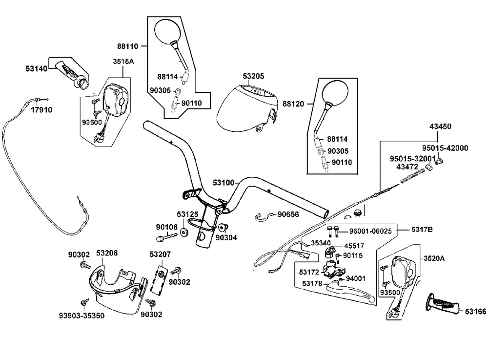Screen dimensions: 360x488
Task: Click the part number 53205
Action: point(253,76)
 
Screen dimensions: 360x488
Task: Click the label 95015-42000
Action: point(445,148)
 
